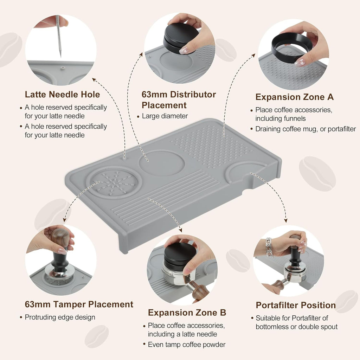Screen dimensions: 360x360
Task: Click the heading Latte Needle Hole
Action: (62, 95)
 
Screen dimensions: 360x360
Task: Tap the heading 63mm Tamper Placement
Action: (79, 304)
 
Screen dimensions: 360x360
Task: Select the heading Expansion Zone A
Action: (294, 97)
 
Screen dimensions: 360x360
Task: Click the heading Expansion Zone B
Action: (187, 313)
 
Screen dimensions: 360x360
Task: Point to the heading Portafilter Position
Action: (295, 305)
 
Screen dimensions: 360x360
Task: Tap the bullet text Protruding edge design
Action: (60, 317)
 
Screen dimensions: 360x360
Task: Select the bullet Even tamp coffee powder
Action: (187, 345)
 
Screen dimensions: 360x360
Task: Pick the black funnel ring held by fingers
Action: (291, 46)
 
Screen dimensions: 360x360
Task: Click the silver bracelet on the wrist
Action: (269, 246)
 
